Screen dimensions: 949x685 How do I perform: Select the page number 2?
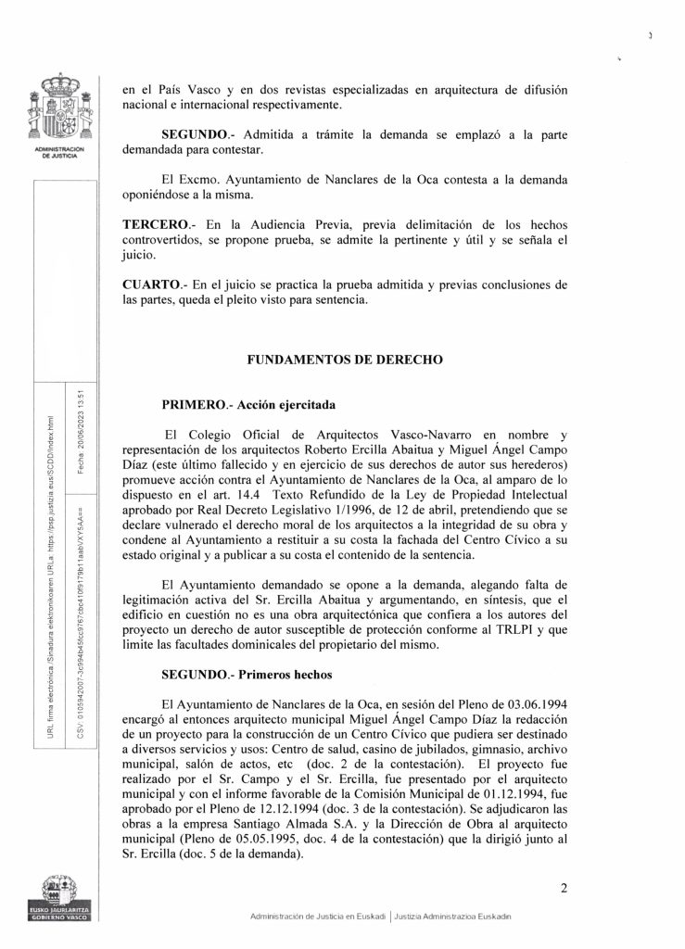pos(563,891)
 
